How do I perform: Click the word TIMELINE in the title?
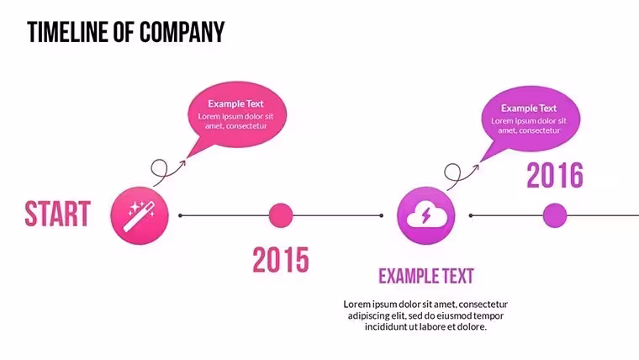(68, 32)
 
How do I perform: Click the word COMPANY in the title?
(182, 32)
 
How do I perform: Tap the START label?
(57, 214)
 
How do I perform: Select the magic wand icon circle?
(140, 215)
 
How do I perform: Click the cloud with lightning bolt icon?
(426, 215)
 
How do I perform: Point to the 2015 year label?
(281, 260)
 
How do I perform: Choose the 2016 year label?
(555, 175)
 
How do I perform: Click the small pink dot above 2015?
(281, 215)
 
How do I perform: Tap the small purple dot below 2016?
(555, 215)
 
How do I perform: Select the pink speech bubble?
(237, 114)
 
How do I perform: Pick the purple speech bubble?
(531, 119)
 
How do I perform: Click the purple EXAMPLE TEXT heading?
(426, 276)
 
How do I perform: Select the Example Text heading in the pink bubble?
(236, 103)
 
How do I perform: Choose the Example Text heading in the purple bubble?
(529, 108)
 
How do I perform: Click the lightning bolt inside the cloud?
(426, 215)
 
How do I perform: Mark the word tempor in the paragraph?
(490, 316)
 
